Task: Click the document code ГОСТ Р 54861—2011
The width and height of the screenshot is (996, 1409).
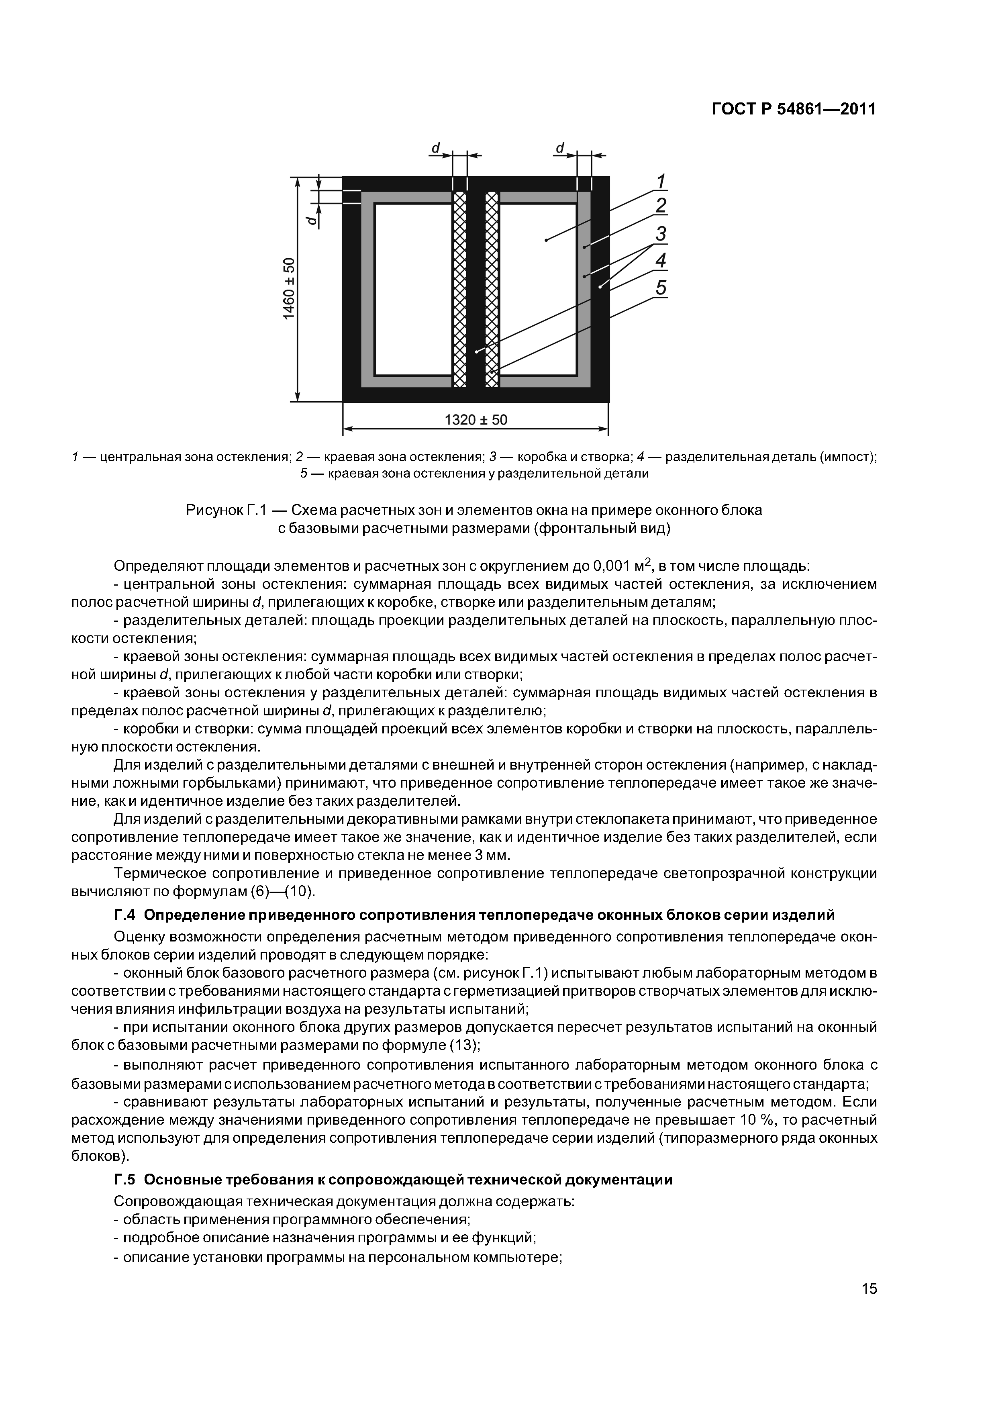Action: tap(794, 109)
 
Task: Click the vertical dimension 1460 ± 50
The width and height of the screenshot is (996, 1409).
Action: tap(289, 288)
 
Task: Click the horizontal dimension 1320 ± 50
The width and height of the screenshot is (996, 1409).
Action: tap(476, 420)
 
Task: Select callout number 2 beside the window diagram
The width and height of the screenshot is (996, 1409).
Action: tap(661, 206)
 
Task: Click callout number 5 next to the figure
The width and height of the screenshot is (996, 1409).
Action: tap(661, 288)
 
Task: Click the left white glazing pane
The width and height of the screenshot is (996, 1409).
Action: tap(413, 288)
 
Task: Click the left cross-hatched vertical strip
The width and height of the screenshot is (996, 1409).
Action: tap(459, 288)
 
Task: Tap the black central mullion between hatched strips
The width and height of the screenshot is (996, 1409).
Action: tap(476, 288)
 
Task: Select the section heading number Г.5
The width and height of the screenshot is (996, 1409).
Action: tap(124, 1180)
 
